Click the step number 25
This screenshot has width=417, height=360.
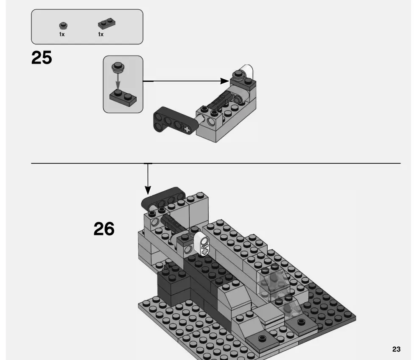(42, 58)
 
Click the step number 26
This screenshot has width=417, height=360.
(104, 229)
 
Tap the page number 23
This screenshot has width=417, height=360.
(396, 349)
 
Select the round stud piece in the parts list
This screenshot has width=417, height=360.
(62, 25)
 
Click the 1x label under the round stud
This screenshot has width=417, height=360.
(62, 34)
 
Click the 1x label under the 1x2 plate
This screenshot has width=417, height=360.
(101, 34)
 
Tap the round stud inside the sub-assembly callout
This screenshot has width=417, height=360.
(117, 67)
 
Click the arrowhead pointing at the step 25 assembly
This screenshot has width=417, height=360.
(226, 81)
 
